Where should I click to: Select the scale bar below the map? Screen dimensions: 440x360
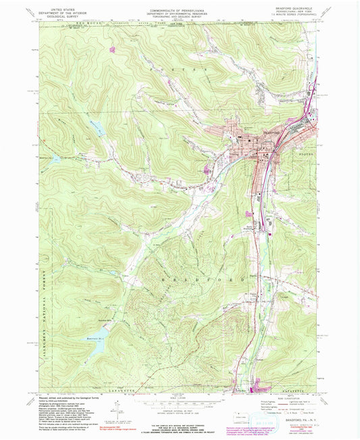coord(179,399)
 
